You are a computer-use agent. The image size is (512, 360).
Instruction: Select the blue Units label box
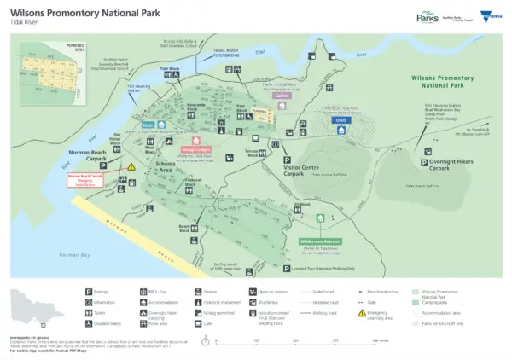pyautogui.click(x=340, y=120)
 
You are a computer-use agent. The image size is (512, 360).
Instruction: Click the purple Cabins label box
pyautogui.click(x=282, y=96)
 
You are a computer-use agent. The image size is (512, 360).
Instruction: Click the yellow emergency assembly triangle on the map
pyautogui.click(x=131, y=167)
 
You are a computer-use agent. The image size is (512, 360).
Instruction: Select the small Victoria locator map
pyautogui.click(x=38, y=307)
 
